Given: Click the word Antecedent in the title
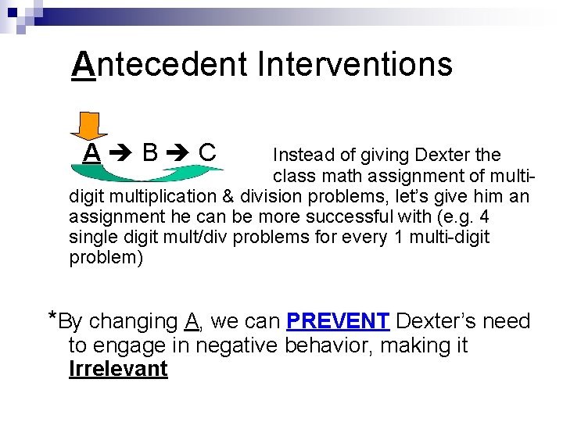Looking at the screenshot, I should tap(158, 64).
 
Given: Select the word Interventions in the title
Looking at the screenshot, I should tap(354, 64).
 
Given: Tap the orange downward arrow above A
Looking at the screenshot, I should tap(94, 125).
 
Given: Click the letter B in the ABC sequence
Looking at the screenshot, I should tap(151, 152).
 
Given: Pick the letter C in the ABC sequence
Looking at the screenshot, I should tap(207, 152).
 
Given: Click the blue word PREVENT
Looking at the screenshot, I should tap(338, 321).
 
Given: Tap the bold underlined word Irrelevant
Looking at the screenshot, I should tap(118, 369).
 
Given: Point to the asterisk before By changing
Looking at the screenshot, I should tap(52, 317).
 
